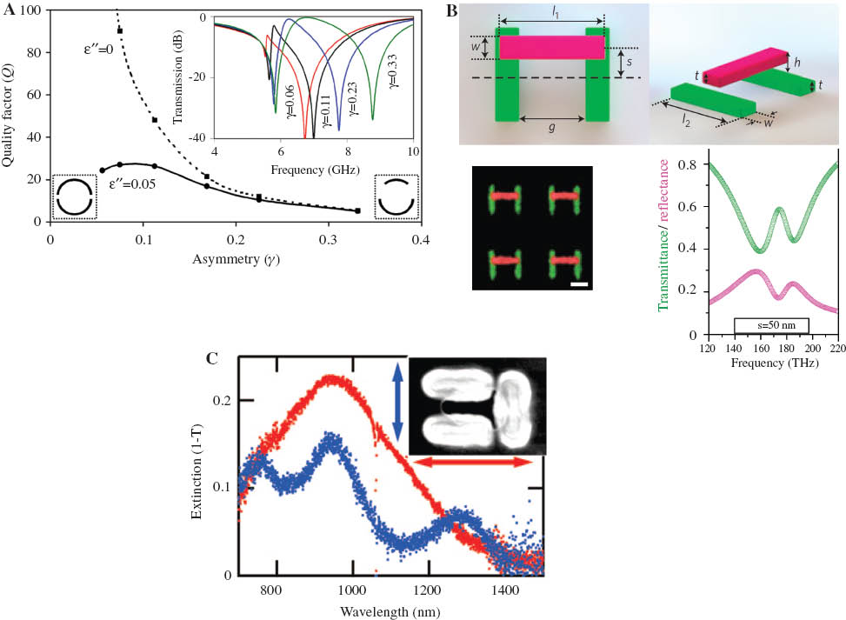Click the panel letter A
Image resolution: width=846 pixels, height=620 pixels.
(x=9, y=10)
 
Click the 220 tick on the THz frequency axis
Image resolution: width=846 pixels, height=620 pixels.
(x=837, y=348)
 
